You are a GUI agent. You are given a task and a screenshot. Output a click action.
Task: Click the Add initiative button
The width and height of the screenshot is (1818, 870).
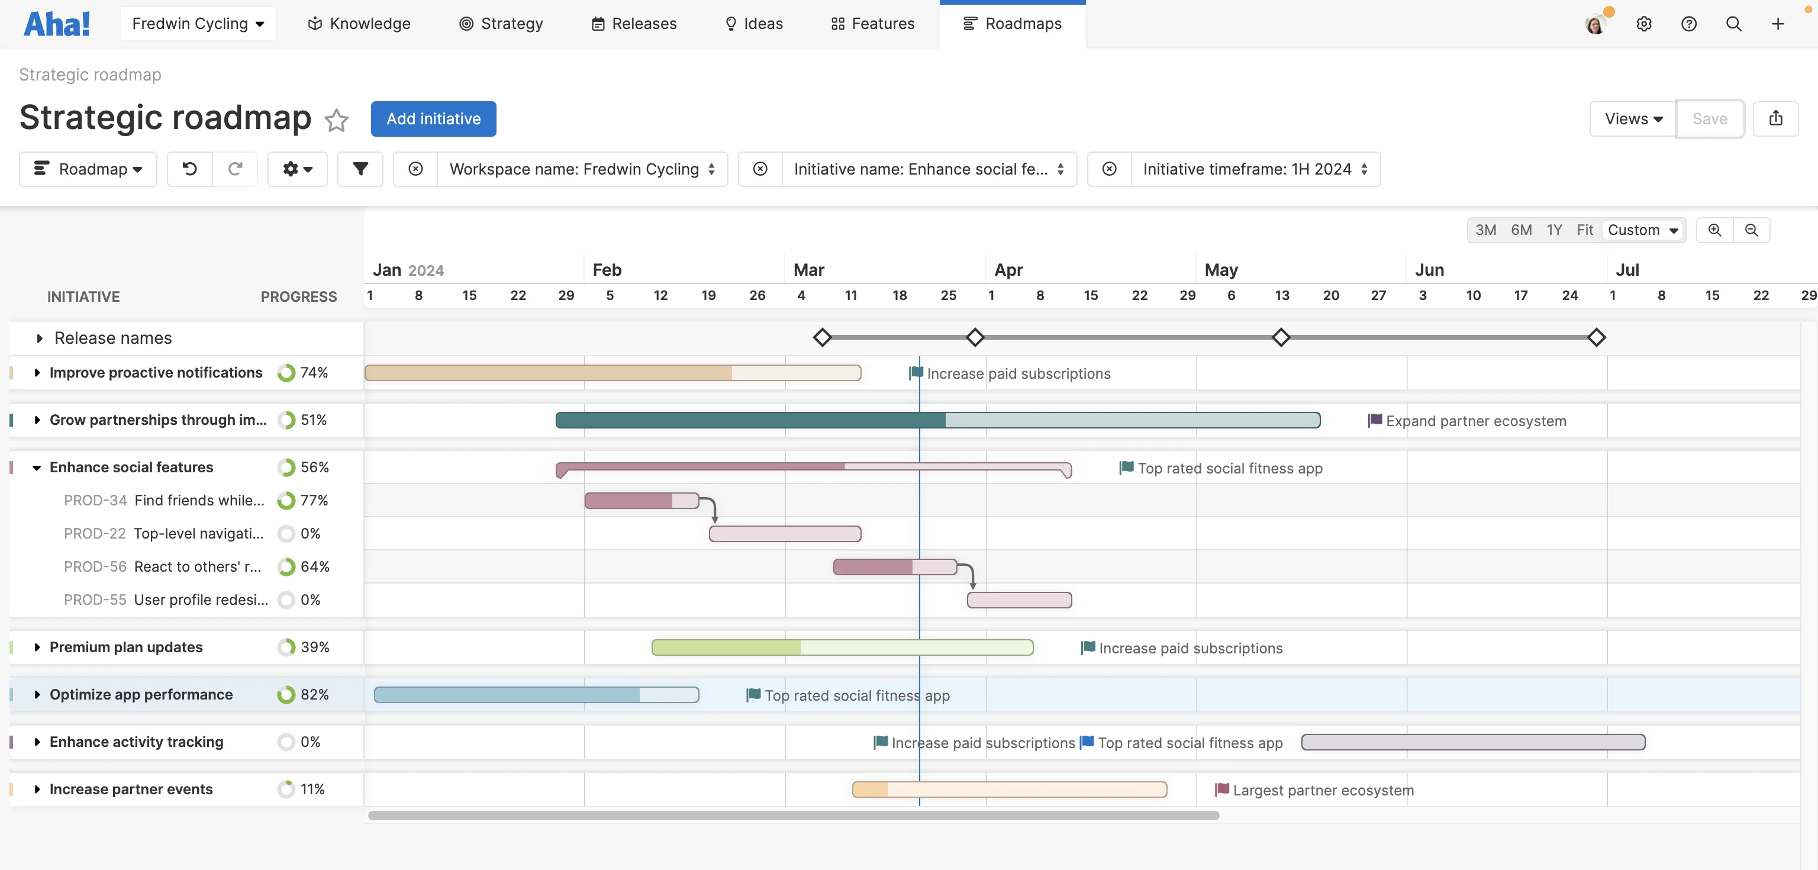(433, 118)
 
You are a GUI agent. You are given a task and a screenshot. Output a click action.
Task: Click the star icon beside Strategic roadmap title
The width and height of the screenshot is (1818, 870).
(337, 120)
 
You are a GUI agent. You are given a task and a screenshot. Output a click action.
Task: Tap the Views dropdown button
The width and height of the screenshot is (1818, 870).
(1632, 118)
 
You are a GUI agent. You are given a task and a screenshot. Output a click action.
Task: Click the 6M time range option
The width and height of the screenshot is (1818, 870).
(1521, 230)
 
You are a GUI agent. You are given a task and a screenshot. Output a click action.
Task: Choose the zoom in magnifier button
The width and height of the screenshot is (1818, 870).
(1714, 230)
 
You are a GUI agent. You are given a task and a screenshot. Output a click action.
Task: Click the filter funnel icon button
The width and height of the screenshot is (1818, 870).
(360, 169)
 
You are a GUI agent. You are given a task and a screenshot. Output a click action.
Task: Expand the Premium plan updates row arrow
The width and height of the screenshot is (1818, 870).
(37, 647)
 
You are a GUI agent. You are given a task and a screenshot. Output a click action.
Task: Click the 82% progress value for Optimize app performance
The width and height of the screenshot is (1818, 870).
(315, 694)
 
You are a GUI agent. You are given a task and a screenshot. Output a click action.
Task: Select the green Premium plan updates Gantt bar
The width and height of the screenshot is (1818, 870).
(842, 647)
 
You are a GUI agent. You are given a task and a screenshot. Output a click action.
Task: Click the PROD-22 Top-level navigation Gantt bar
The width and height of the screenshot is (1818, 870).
(785, 533)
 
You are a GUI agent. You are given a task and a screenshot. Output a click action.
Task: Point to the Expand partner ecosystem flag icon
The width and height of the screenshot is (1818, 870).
(1375, 421)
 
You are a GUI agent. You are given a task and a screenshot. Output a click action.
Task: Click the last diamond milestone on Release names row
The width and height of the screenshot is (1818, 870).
(1597, 337)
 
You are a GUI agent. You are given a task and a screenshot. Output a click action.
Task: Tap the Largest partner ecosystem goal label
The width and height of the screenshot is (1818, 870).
(1323, 790)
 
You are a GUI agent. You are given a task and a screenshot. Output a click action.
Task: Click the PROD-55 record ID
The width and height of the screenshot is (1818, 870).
(95, 600)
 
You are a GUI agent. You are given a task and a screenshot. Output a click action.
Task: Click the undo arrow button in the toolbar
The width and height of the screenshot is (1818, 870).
(190, 169)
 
